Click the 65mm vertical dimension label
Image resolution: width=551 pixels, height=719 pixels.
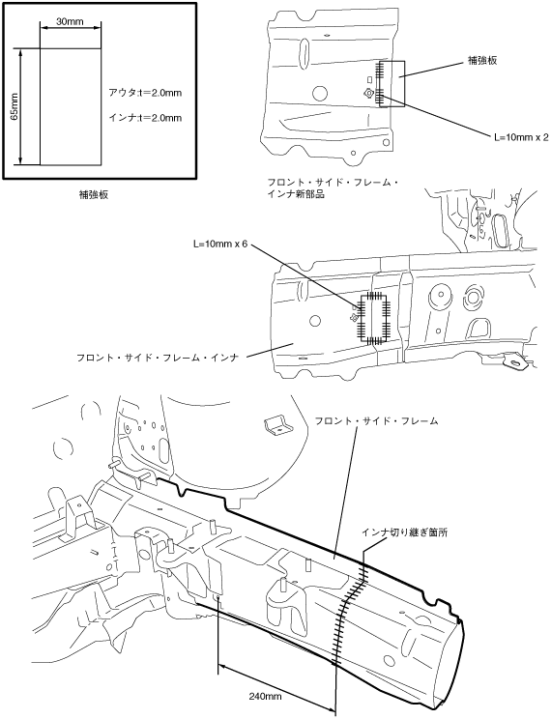[14, 106]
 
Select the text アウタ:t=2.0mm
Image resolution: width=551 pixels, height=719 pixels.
[145, 93]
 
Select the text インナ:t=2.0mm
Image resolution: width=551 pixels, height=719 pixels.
[145, 118]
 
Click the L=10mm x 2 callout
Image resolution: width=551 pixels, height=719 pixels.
[521, 137]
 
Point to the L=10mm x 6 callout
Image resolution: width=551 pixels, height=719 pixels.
[219, 244]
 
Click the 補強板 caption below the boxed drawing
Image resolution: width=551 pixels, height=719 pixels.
[94, 195]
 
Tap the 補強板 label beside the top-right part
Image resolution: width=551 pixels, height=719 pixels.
[481, 61]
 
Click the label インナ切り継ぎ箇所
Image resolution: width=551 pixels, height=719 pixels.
[405, 532]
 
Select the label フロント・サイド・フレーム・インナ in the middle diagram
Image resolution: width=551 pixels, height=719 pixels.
[158, 358]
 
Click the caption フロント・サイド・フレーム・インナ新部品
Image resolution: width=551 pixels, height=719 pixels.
[333, 188]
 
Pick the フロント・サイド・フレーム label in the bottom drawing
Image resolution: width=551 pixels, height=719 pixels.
[376, 420]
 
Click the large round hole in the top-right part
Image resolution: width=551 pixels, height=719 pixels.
[320, 93]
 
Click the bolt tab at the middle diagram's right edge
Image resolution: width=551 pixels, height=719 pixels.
[515, 360]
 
